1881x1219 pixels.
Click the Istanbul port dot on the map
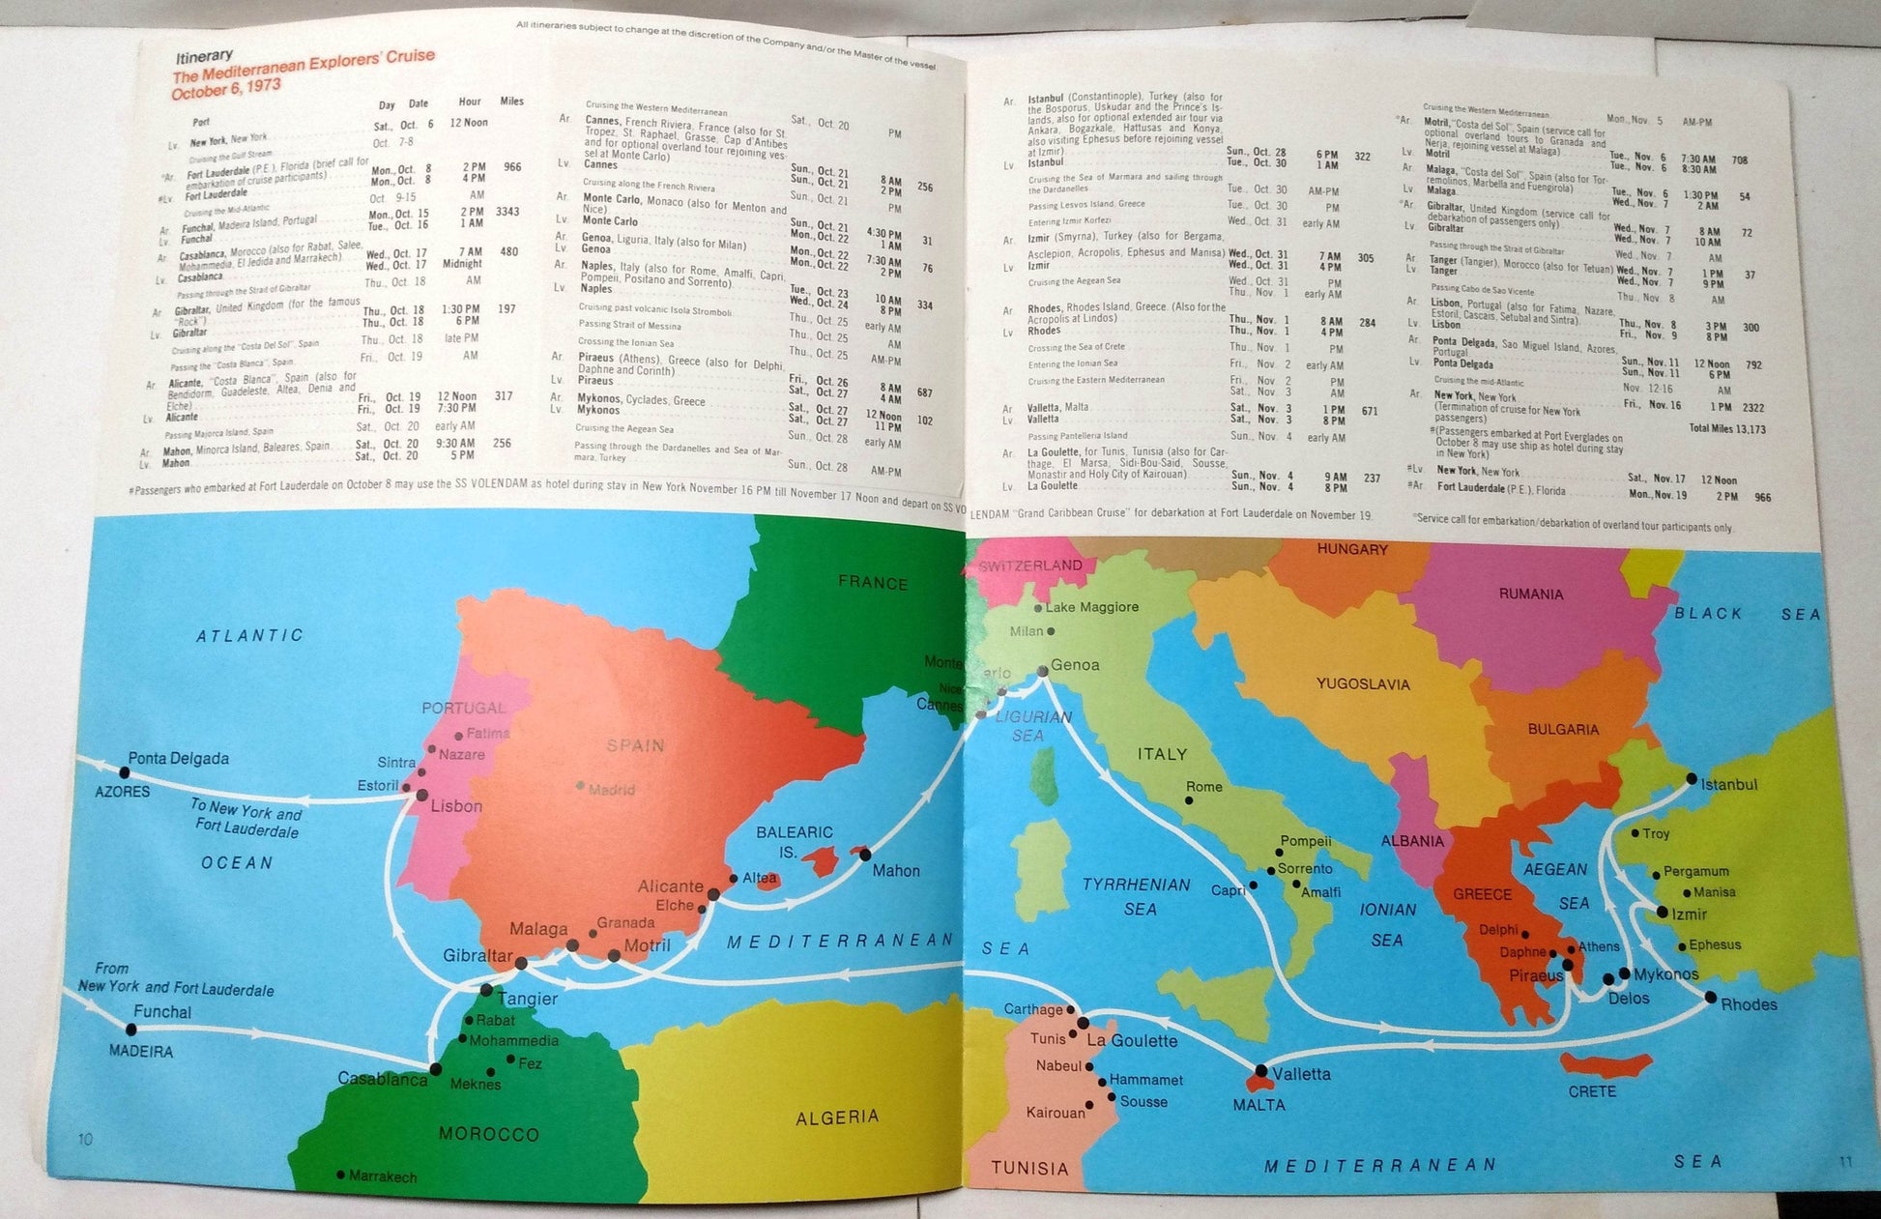[1691, 778]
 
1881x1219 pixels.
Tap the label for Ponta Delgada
[178, 758]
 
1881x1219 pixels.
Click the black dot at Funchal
[131, 1030]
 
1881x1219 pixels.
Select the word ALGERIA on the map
[837, 1117]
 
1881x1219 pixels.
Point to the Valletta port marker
[1260, 1071]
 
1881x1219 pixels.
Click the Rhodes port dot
[1710, 997]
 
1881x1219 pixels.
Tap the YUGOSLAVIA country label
[1363, 684]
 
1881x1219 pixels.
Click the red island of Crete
[1604, 1065]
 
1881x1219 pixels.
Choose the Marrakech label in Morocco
[383, 1176]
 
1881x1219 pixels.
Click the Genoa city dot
[1043, 671]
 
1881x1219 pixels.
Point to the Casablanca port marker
[436, 1069]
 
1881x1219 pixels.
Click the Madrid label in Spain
[612, 790]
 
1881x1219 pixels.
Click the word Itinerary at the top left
[204, 56]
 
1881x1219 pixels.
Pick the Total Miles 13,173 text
[1726, 428]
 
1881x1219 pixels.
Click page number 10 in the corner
[85, 1139]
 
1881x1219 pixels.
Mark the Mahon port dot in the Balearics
[865, 855]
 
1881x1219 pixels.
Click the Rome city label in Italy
[1204, 787]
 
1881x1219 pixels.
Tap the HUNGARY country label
[1352, 549]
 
